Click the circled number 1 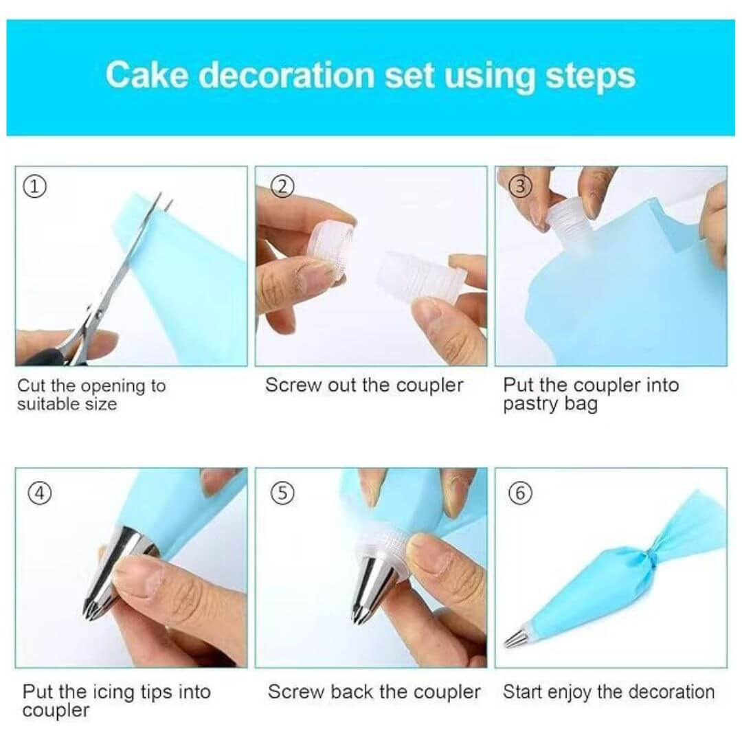click(34, 186)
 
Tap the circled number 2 click(282, 186)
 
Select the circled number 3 click(519, 186)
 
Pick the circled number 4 click(41, 493)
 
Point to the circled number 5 click(282, 493)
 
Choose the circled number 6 click(520, 493)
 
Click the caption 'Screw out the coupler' click(364, 385)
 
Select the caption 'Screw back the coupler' click(374, 692)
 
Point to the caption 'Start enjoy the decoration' click(609, 693)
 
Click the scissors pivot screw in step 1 click(99, 313)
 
